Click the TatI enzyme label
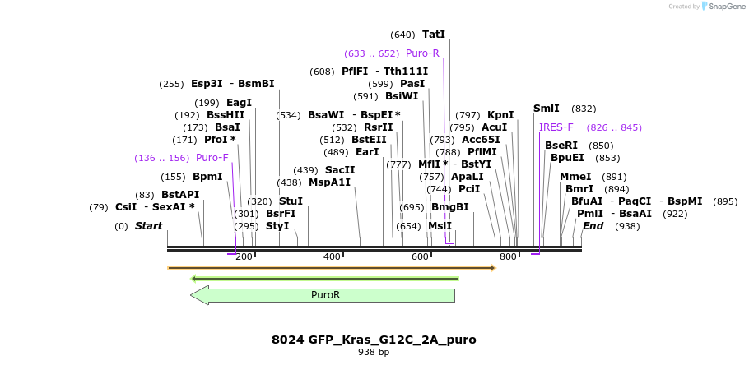[433, 35]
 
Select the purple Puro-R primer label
[422, 53]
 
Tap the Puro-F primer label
[212, 158]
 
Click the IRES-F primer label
[556, 127]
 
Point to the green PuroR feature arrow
[324, 295]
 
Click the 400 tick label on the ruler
[332, 257]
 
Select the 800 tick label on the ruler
[508, 257]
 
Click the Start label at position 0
[149, 226]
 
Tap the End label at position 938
[593, 226]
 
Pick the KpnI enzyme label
[500, 115]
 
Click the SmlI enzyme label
[547, 109]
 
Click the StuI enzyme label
[291, 201]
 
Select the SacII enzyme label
[340, 170]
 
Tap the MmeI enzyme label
[575, 177]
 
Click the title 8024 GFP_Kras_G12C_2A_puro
[374, 340]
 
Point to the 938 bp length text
[374, 353]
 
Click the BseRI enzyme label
[561, 146]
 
